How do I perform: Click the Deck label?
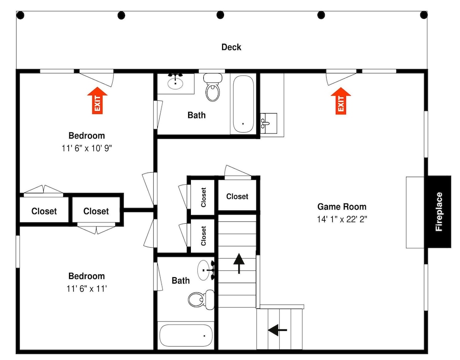(231, 47)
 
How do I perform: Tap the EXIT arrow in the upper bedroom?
(98, 100)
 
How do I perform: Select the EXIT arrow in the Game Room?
(340, 100)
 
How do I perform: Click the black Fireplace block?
(439, 212)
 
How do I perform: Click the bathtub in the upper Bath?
(243, 104)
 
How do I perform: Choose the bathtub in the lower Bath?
(186, 335)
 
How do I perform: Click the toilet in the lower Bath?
(201, 300)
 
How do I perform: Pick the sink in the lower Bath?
(206, 270)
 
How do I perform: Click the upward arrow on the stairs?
(239, 263)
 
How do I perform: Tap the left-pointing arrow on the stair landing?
(277, 330)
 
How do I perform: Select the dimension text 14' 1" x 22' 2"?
(342, 219)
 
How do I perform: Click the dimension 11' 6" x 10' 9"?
(86, 148)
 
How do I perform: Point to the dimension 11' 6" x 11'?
(86, 289)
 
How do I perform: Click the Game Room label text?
(342, 207)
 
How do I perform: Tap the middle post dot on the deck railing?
(220, 15)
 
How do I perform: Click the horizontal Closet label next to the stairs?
(237, 197)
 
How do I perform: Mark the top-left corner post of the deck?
(20, 15)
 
